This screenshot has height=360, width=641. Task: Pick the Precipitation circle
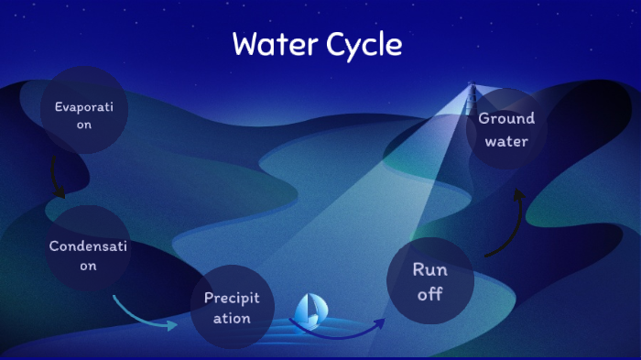232,308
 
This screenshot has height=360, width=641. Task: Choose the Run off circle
430,281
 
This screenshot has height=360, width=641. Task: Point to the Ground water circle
505,129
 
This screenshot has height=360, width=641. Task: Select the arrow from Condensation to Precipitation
142,313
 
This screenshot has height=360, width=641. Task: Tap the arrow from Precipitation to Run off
339,330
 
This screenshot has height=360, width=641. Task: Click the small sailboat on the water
311,311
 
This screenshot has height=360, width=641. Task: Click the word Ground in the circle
506,118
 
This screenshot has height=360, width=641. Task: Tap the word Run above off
429,269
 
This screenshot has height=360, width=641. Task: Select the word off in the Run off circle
429,294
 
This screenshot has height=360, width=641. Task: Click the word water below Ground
506,142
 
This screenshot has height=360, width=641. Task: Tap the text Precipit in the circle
232,298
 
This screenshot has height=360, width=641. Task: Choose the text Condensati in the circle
86,246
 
